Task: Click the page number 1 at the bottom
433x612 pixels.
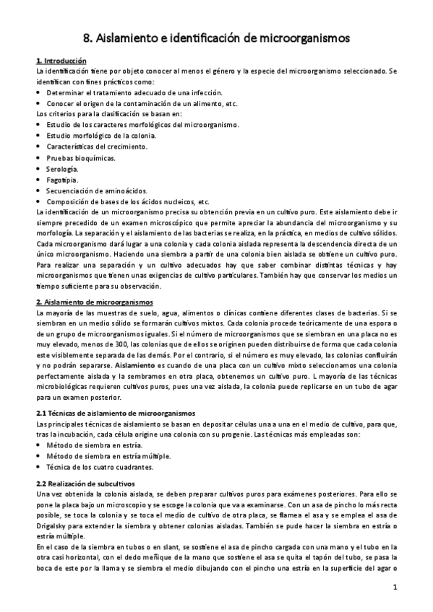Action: click(x=395, y=588)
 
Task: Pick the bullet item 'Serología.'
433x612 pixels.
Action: click(x=68, y=168)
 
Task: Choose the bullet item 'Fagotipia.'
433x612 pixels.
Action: click(x=67, y=179)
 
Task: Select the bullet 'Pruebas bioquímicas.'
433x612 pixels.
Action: click(x=80, y=157)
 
